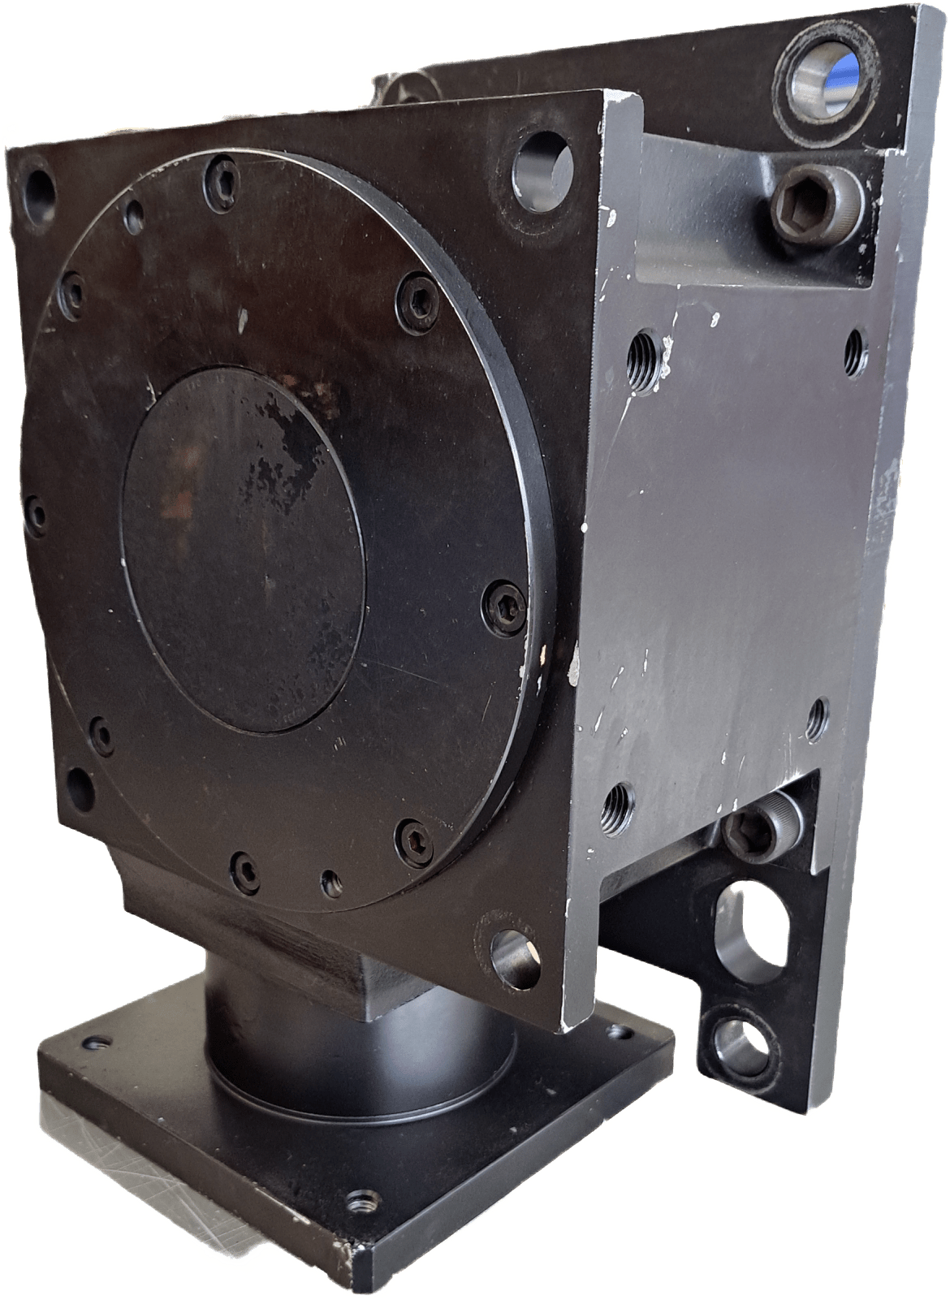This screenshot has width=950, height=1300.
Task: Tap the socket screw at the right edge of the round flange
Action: coord(503,602)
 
